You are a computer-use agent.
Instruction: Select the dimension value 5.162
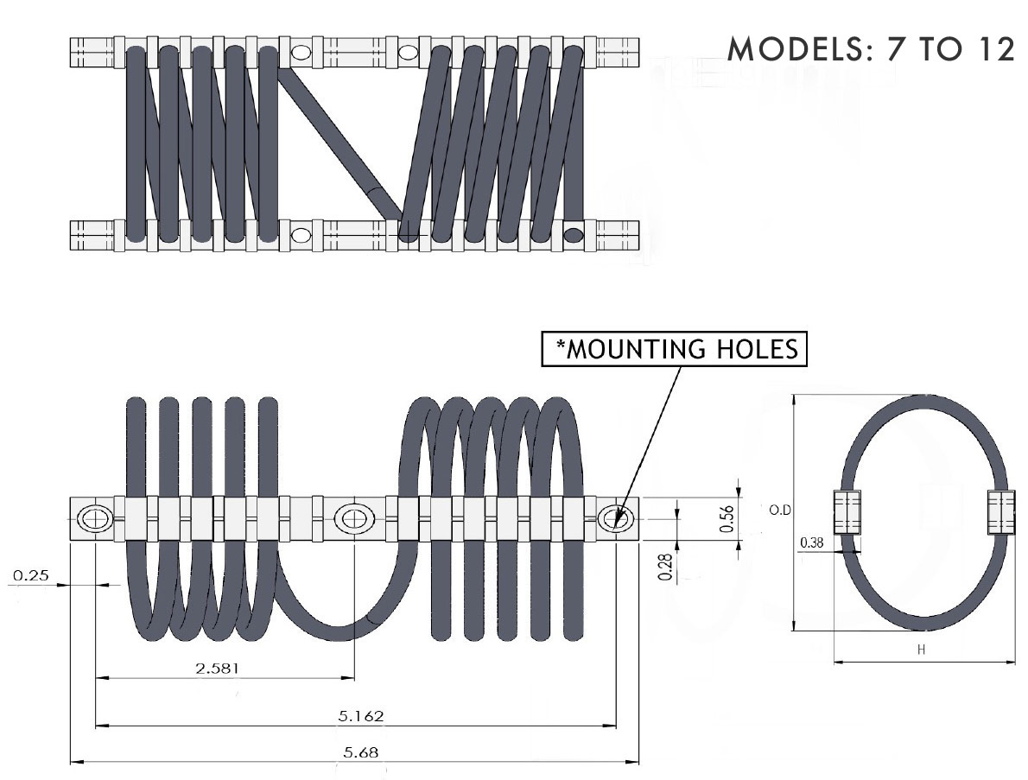tap(360, 715)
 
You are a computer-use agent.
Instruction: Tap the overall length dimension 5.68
tap(360, 752)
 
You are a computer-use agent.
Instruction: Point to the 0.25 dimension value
tap(30, 574)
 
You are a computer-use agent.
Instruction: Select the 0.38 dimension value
tap(812, 542)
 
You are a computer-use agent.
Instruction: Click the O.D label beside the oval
tap(779, 510)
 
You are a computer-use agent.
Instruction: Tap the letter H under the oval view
tap(922, 650)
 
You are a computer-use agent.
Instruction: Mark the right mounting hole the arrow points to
tap(615, 519)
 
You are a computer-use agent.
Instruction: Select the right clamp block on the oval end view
tap(1001, 511)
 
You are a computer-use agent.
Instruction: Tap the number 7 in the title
tap(894, 49)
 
